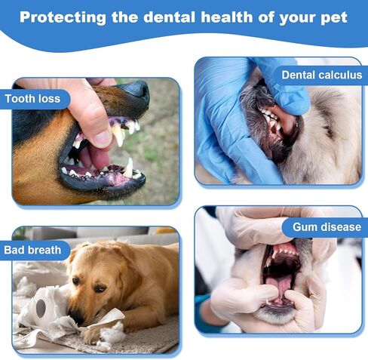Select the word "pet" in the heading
pos(333,18)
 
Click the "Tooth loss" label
pos(32,99)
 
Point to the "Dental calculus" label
pos(322,75)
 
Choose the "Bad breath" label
pos(32,250)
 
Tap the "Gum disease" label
pos(327,227)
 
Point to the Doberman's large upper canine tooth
pos(118,135)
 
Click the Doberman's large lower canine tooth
pos(128,168)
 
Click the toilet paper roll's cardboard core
pos(41,308)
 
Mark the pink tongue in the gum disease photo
pos(280,288)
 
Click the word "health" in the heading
pos(226,17)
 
